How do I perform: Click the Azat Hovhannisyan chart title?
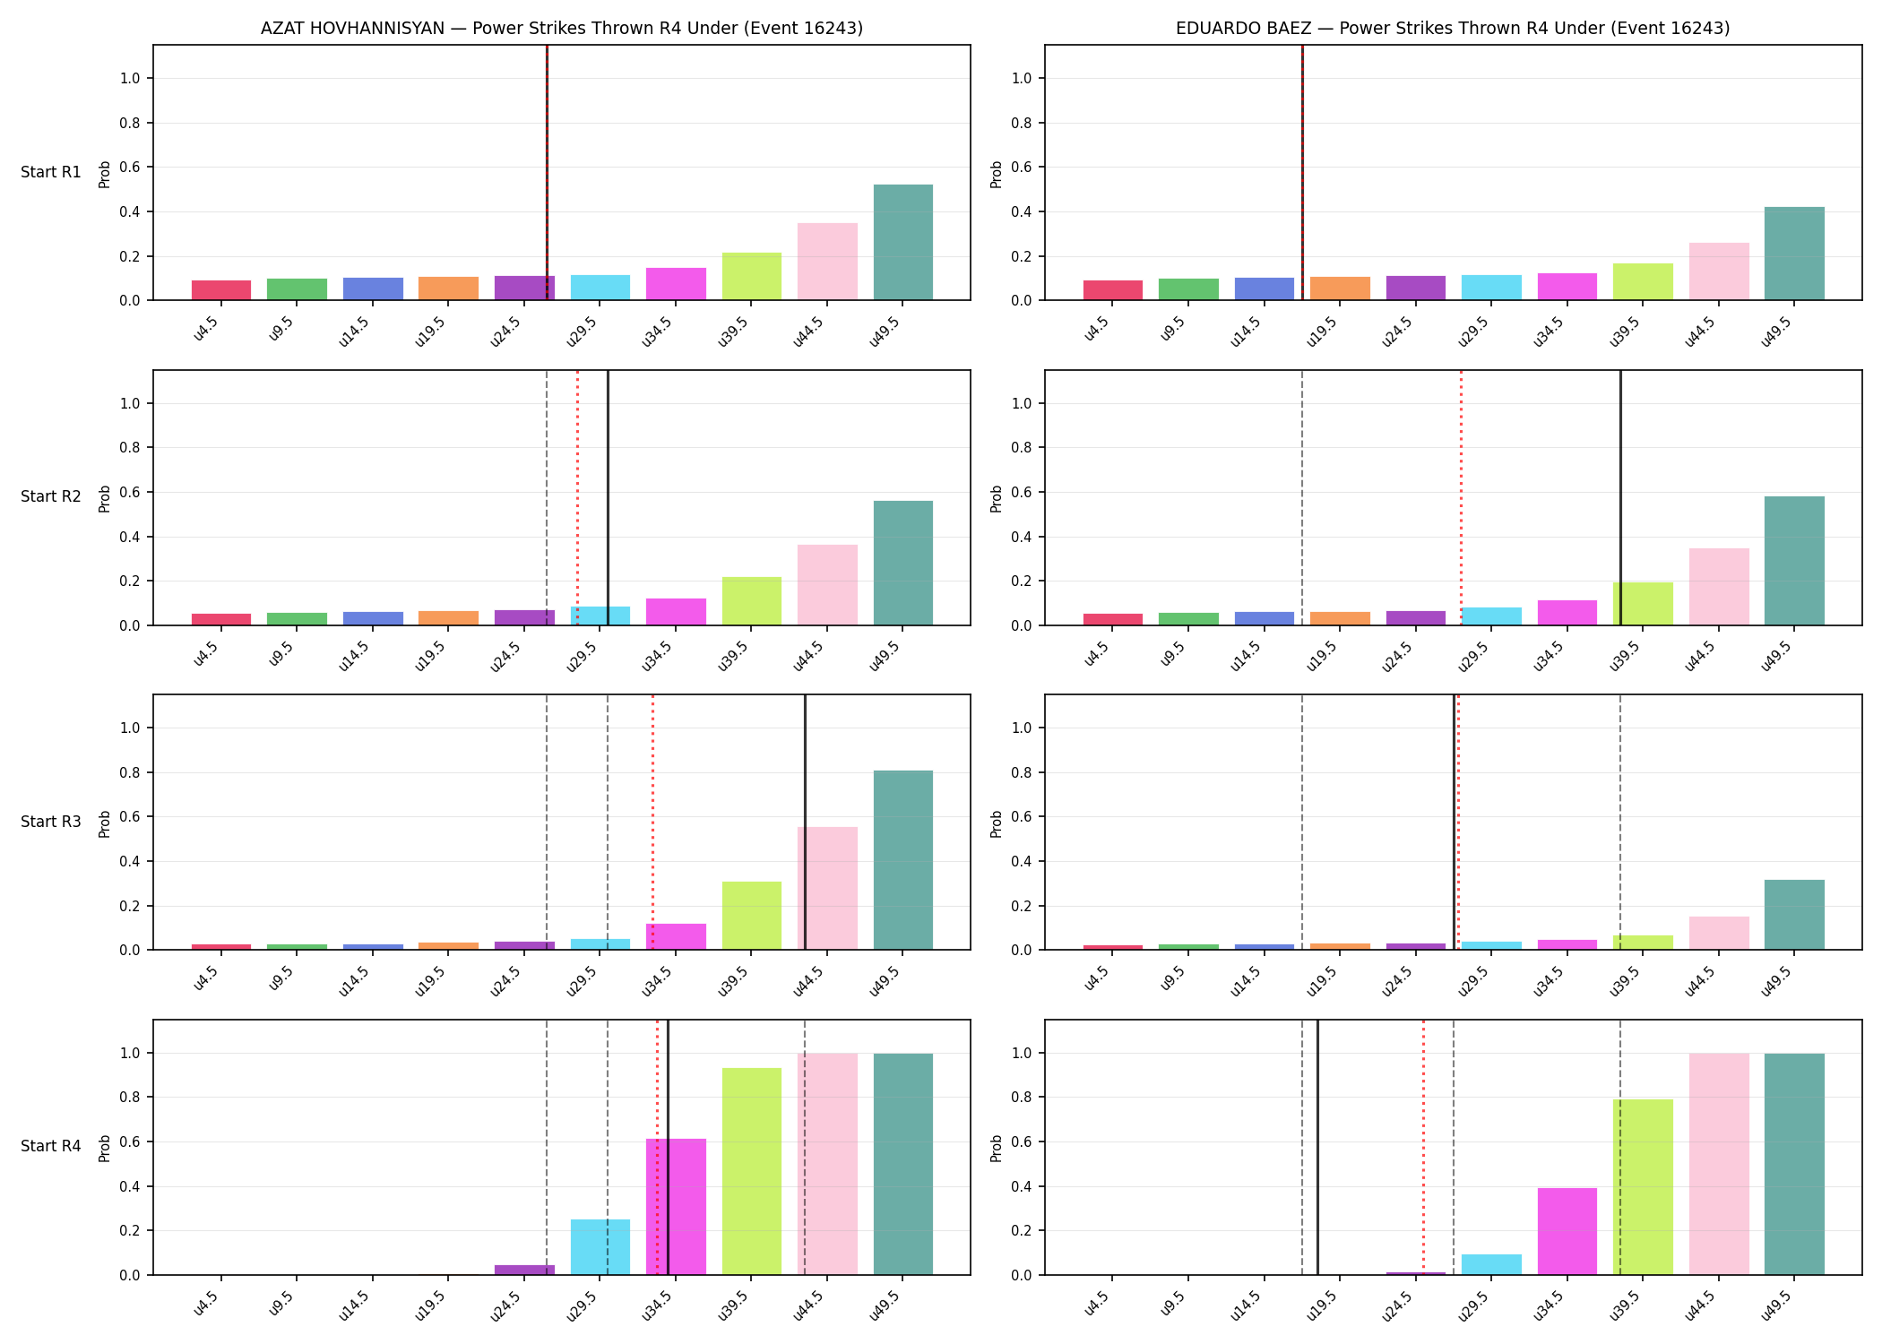562,28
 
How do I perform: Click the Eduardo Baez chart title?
1453,28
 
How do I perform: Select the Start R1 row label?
51,172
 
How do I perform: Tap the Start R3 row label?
51,822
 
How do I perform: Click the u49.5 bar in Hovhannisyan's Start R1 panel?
903,242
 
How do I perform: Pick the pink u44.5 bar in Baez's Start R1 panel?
1719,271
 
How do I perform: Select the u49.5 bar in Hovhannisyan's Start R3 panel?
903,860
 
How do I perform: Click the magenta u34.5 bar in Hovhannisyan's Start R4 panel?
676,1207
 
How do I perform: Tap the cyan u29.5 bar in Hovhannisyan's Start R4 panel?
600,1247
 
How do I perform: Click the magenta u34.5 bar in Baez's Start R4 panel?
1567,1231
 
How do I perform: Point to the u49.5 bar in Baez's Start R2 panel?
1794,561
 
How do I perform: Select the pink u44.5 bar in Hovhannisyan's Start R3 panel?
827,888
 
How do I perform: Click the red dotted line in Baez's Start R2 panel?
1461,497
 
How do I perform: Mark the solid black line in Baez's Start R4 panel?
1317,1147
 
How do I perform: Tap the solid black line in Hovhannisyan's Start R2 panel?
608,497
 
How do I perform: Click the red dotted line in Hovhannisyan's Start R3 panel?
652,822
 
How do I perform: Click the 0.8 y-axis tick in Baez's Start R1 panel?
1023,123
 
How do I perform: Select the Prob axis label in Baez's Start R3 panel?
996,823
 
